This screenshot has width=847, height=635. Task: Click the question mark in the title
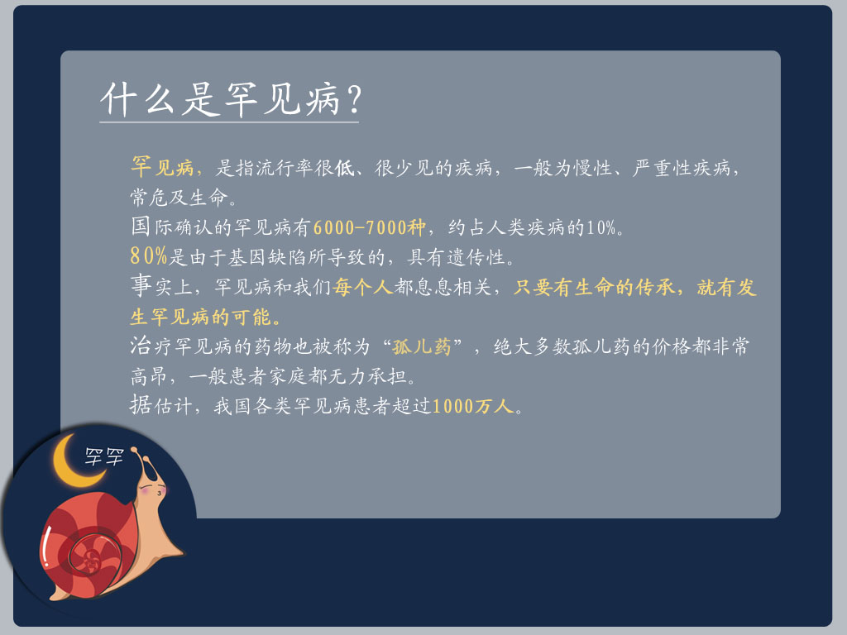tap(353, 100)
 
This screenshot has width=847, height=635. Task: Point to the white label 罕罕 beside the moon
tap(104, 456)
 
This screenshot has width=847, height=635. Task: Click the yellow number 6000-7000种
tap(370, 227)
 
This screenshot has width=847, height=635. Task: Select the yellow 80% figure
tap(149, 255)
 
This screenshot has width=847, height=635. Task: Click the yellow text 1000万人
tap(472, 406)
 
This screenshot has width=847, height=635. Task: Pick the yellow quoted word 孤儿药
tap(422, 346)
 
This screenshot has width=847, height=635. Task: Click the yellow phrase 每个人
tap(362, 287)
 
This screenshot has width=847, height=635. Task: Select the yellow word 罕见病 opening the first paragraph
tap(163, 167)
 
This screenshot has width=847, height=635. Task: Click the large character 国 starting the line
tap(141, 226)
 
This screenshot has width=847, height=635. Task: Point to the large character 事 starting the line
tap(141, 285)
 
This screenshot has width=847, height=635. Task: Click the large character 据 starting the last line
tap(141, 404)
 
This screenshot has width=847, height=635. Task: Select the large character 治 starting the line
tap(141, 345)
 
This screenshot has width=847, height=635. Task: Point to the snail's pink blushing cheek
tap(161, 490)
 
